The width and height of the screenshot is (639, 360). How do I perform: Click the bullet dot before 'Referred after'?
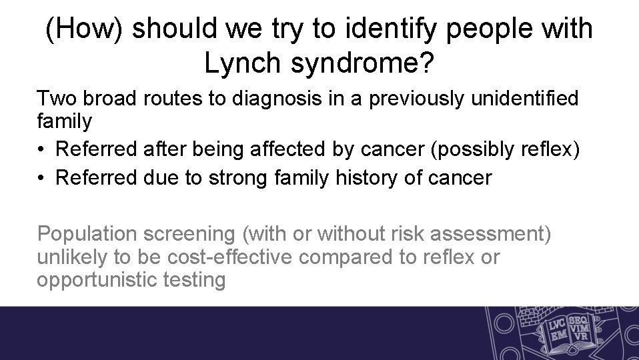43,151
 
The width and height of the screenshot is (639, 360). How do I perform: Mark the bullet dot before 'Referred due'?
43,178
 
